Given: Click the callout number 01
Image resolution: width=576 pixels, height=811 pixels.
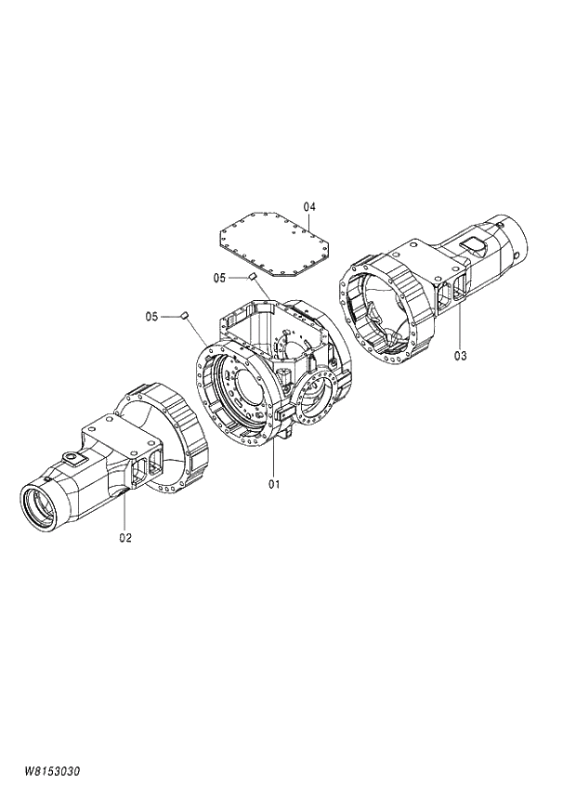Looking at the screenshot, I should [274, 483].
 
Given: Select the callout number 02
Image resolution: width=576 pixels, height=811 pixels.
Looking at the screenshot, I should [125, 537].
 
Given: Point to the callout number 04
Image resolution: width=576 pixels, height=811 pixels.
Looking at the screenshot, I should [309, 205].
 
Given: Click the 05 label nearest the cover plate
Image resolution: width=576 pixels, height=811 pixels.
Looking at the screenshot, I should [220, 277].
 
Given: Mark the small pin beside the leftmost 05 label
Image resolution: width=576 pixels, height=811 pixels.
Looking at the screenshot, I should [184, 316].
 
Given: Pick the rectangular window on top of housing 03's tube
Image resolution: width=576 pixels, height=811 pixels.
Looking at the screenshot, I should [473, 244].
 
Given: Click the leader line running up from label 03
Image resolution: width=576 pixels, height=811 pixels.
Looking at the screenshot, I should [461, 320].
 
